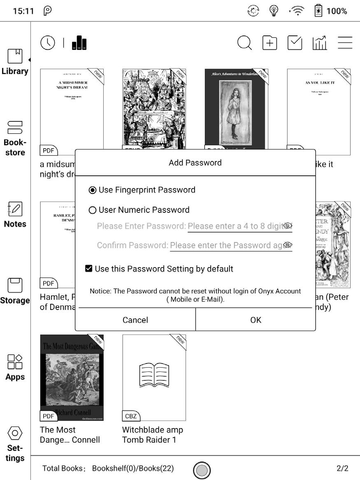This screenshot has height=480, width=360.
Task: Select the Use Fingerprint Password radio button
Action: [x=93, y=190]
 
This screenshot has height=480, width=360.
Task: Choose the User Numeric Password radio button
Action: [x=93, y=210]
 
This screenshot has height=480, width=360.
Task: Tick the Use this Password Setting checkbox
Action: [x=88, y=269]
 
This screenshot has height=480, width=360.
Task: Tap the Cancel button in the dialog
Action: [x=135, y=320]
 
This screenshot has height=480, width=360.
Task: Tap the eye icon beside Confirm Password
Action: [x=288, y=245]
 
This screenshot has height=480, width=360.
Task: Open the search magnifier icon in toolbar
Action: [x=244, y=43]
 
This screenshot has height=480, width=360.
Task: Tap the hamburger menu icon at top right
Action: [x=345, y=43]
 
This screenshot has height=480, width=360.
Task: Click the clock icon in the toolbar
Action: [x=48, y=43]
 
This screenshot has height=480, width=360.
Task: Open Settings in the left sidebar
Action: [x=15, y=444]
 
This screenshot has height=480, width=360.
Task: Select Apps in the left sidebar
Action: [x=15, y=367]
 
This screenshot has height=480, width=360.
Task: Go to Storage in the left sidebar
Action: [x=15, y=291]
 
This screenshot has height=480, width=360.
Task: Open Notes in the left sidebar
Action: [x=15, y=214]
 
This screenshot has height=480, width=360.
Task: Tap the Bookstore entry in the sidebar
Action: [x=15, y=138]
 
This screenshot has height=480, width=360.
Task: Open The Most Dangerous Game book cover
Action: [x=72, y=377]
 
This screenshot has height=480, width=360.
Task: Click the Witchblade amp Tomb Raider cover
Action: [x=154, y=377]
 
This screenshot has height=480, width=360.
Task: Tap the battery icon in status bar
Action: [x=318, y=11]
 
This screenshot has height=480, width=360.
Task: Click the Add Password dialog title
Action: [x=195, y=163]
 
